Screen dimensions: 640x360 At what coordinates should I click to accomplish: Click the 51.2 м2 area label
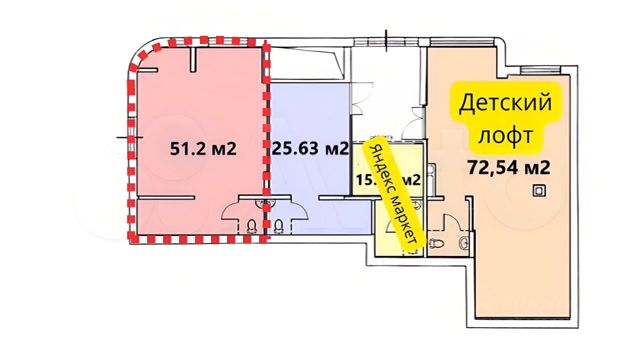coord(202,149)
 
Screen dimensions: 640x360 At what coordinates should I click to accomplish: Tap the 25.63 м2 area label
coord(309,148)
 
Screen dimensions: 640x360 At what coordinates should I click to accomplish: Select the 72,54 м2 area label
coord(509,167)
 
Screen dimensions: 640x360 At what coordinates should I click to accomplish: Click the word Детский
coord(505,103)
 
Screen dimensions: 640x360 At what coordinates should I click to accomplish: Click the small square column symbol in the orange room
coord(538,190)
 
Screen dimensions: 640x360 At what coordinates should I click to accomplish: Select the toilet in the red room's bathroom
coord(251,226)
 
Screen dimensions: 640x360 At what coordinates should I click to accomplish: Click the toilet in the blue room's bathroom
coord(278,226)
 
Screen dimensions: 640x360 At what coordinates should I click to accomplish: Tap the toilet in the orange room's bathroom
coord(436,243)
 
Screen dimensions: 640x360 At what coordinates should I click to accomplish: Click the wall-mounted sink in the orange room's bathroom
coord(464,242)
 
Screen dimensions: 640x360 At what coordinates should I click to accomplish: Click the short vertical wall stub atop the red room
coord(193,59)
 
